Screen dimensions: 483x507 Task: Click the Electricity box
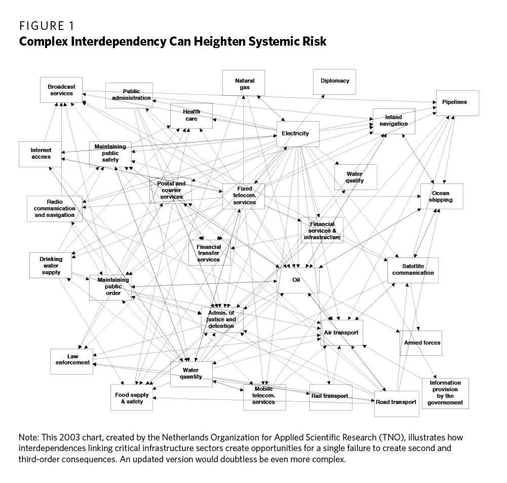[x=298, y=134]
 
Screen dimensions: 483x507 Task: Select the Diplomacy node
[x=334, y=81]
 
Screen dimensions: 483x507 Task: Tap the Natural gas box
[x=244, y=83]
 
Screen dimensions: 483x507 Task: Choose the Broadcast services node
[x=61, y=90]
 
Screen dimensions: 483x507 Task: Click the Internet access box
[x=41, y=154]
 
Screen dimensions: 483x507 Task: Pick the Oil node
[x=298, y=280]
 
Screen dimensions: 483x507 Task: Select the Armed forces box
[x=422, y=343]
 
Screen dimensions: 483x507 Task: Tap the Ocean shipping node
[x=441, y=196]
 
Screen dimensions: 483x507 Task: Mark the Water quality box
[x=355, y=177]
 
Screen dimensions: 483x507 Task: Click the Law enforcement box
[x=71, y=360]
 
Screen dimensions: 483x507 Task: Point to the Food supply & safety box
[x=132, y=397]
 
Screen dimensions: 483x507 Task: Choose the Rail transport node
[x=330, y=396]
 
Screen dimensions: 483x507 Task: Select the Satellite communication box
[x=413, y=270]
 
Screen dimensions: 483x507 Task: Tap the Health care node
[x=191, y=115]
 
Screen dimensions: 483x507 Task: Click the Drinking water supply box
[x=51, y=265]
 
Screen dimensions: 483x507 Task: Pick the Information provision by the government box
[x=445, y=393]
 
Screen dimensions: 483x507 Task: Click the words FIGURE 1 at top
[x=48, y=25]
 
